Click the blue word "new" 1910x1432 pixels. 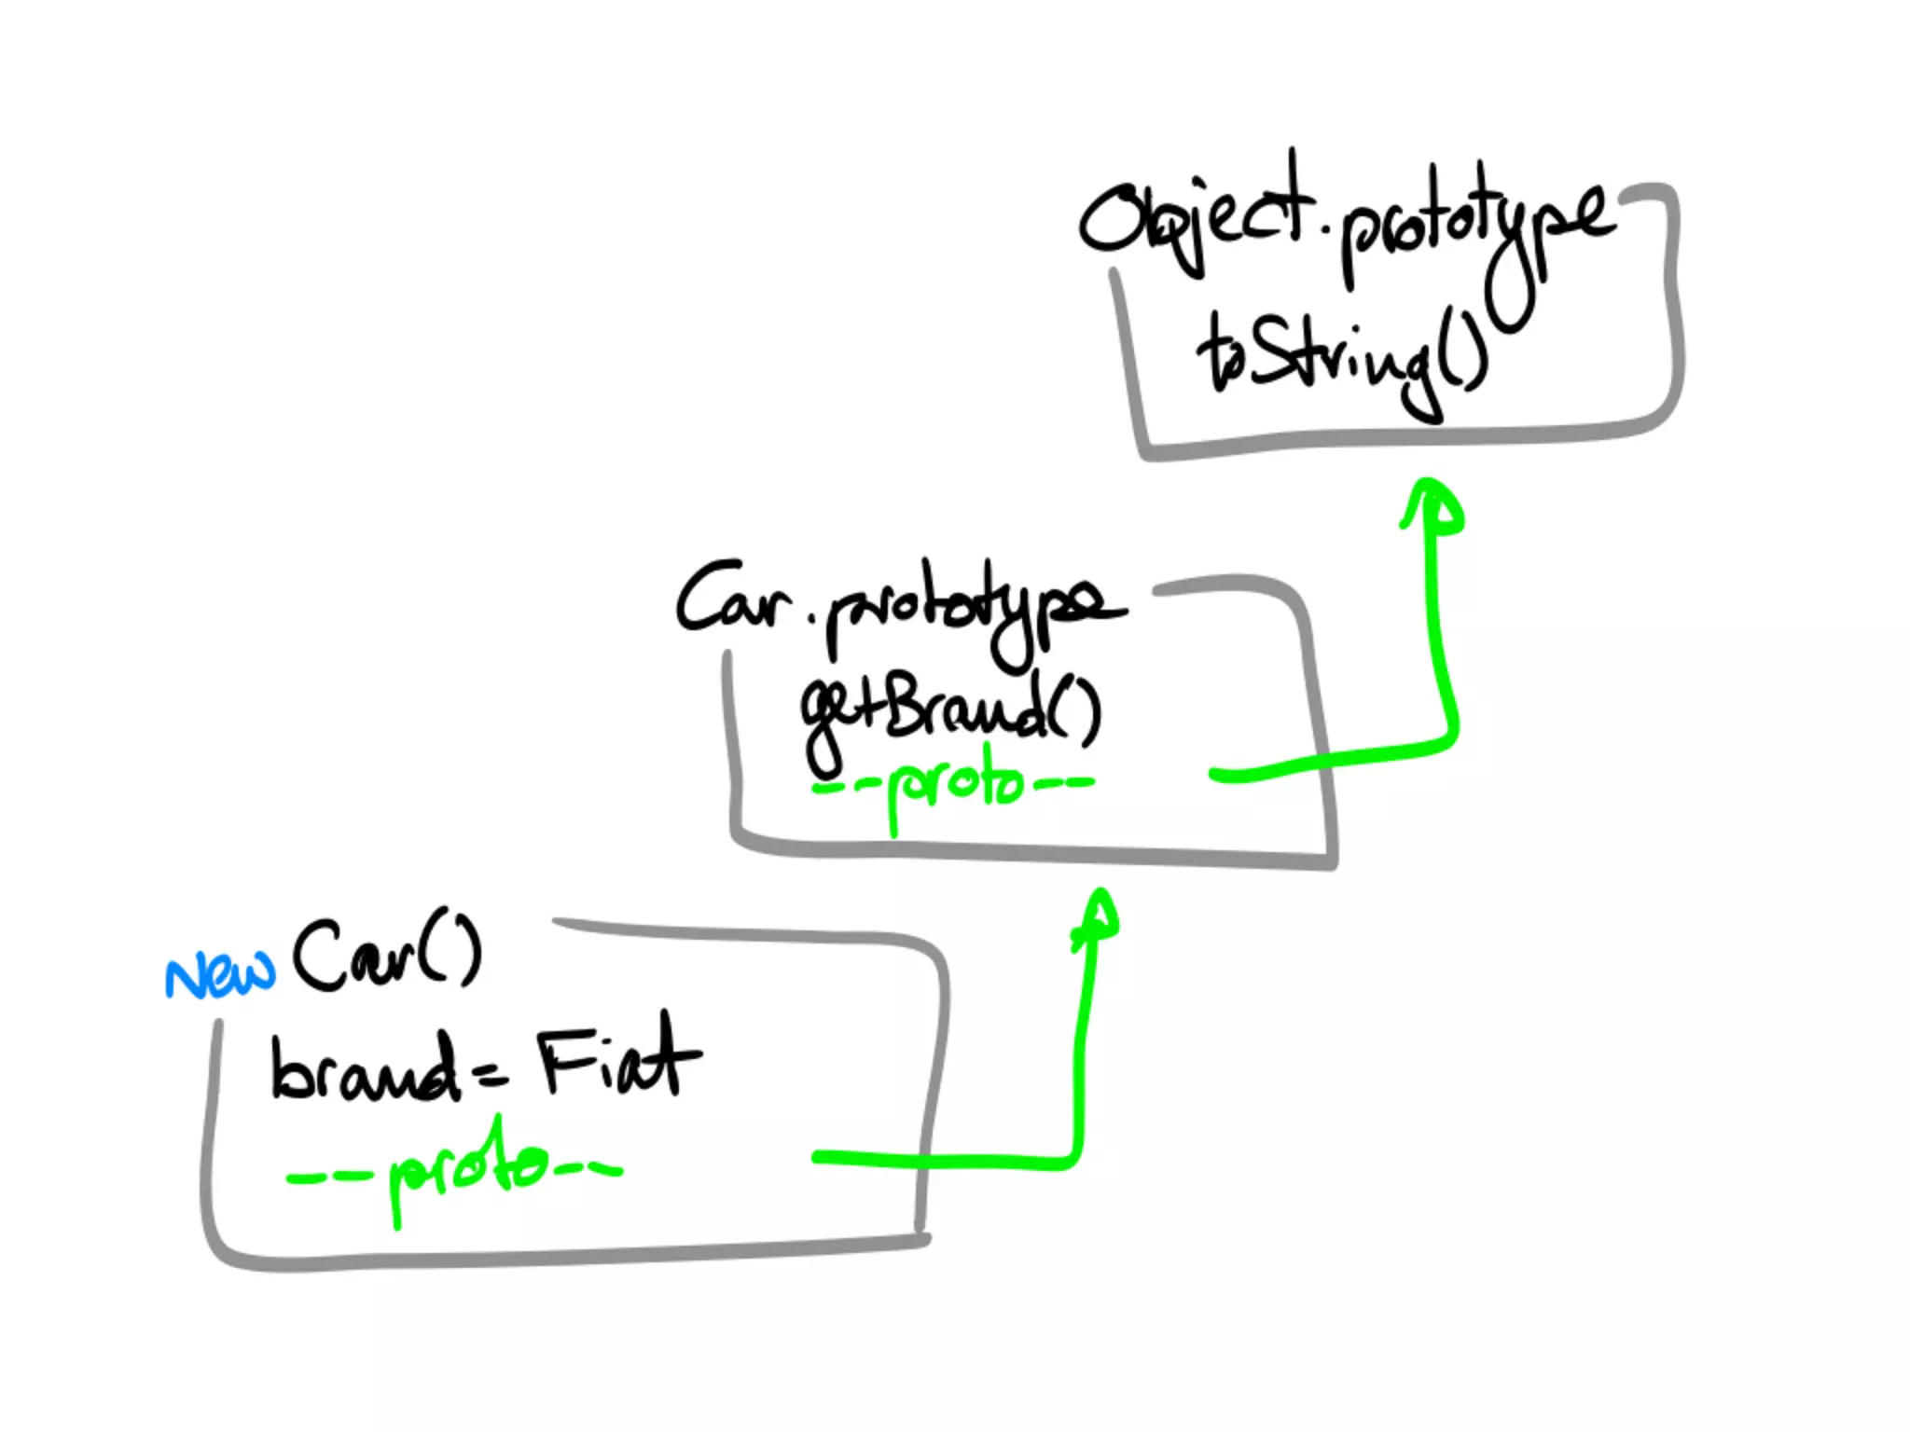(220, 975)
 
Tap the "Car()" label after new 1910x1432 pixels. (386, 956)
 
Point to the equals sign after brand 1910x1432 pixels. (491, 1078)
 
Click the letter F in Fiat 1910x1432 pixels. (562, 1060)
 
